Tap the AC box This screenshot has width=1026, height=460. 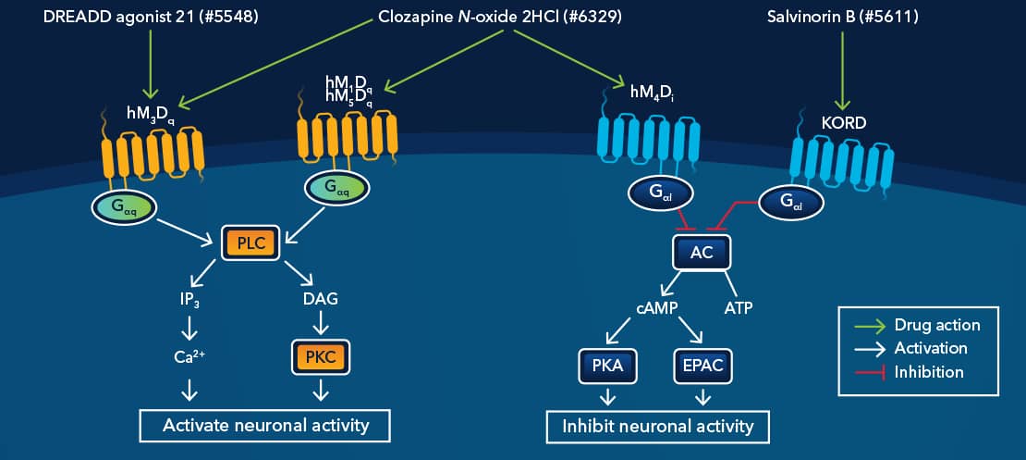tap(702, 251)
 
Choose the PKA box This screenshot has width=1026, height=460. tap(607, 367)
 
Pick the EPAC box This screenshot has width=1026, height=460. tap(703, 367)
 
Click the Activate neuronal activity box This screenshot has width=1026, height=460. tap(265, 425)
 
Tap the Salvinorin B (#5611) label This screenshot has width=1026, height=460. tap(842, 18)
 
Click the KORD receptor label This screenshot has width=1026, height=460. tap(842, 122)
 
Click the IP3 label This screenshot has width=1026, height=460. tap(190, 299)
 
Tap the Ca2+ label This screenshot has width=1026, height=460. tap(190, 354)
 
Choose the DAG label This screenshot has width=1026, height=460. tap(320, 299)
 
